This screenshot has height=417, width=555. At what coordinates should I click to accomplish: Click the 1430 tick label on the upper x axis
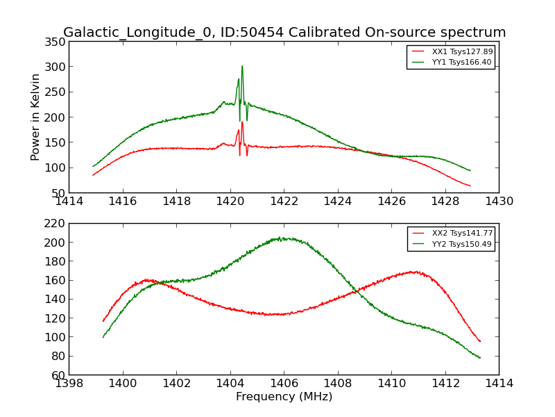coord(499,202)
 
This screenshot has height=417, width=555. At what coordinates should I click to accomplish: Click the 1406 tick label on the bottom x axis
coord(284,384)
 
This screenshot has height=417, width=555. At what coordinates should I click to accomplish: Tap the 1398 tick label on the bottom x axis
coord(69,384)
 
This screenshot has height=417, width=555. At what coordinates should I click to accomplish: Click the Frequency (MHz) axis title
coord(284,397)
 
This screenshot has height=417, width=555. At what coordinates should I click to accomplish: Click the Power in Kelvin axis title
coord(35,117)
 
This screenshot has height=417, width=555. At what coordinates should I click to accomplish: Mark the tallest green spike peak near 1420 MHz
coord(242,67)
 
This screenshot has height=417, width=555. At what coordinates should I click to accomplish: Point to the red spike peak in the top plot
coord(242,123)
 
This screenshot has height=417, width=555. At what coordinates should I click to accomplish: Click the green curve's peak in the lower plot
coord(281,238)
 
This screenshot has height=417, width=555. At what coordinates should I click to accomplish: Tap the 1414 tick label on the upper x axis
coord(69,202)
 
